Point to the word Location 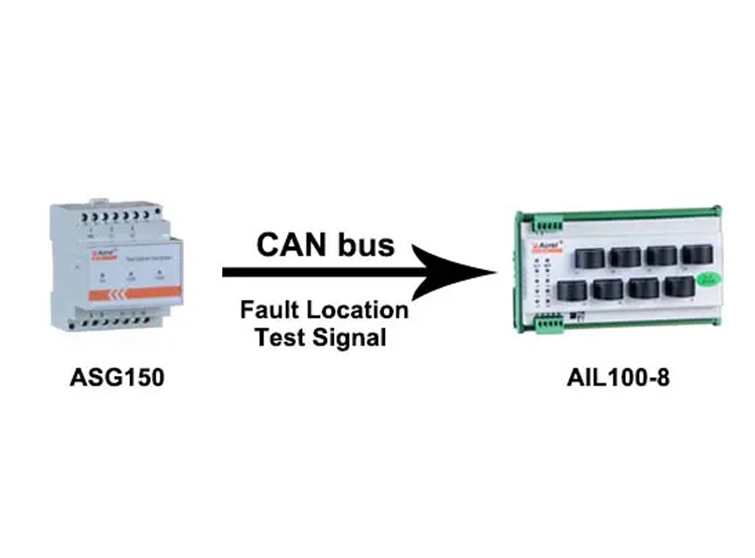click(x=360, y=310)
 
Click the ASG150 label click(x=116, y=377)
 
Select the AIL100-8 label click(x=618, y=377)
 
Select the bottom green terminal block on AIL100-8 click(x=549, y=323)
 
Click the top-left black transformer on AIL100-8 click(x=590, y=258)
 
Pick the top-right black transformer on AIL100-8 click(x=695, y=254)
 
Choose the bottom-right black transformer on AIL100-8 click(x=678, y=287)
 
